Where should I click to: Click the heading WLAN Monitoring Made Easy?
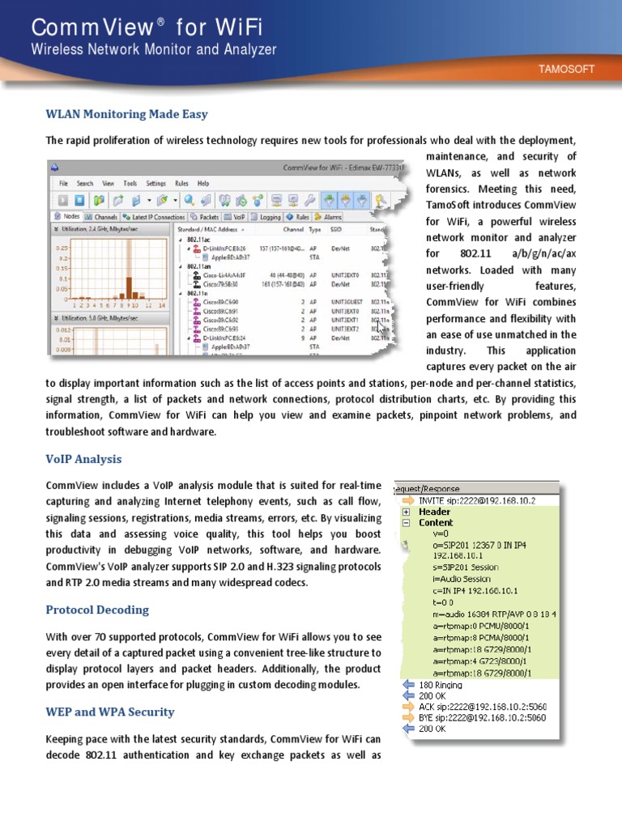126,114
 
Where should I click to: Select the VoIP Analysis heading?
83,459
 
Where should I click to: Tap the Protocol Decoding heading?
97,609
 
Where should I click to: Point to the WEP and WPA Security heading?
109,712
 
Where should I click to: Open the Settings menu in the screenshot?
156,184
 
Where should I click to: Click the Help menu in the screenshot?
203,184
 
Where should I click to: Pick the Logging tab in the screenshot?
267,217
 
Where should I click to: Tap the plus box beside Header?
406,512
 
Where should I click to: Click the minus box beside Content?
406,523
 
